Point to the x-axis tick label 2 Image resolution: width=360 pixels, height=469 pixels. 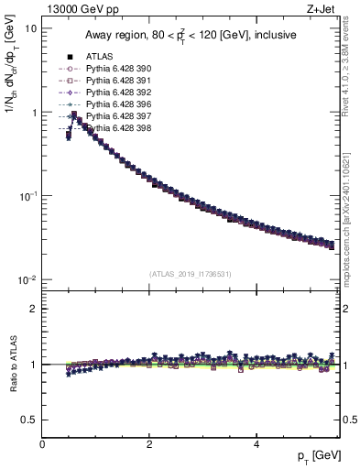coord(148,444)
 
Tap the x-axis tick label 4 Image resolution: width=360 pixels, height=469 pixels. coord(256,444)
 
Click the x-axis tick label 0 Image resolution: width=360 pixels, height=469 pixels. coord(42,444)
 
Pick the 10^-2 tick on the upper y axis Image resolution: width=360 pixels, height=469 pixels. coord(27,279)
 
